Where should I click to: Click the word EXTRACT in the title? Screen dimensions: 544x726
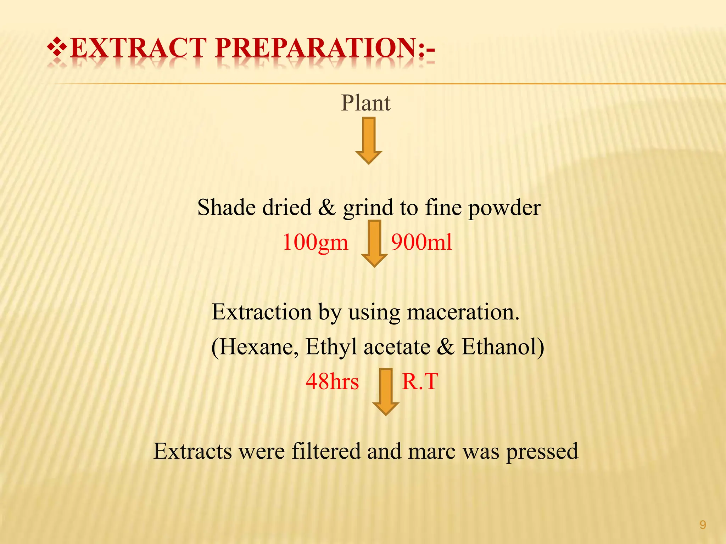coord(139,48)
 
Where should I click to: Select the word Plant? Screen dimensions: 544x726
coord(365,103)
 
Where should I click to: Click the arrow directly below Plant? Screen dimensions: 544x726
coord(369,140)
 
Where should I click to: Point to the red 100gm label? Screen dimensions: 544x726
coord(315,243)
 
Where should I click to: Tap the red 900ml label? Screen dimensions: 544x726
coord(421,243)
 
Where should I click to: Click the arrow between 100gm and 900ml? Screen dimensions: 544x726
coord(374,243)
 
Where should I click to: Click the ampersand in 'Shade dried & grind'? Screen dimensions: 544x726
coord(326,208)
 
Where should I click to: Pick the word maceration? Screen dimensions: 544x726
coord(463,312)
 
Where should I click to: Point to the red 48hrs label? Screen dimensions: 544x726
coord(332,382)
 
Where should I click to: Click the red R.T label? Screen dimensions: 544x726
coord(420,382)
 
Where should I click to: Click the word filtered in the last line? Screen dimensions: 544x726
coord(326,452)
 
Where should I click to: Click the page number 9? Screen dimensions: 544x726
coord(703,525)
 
